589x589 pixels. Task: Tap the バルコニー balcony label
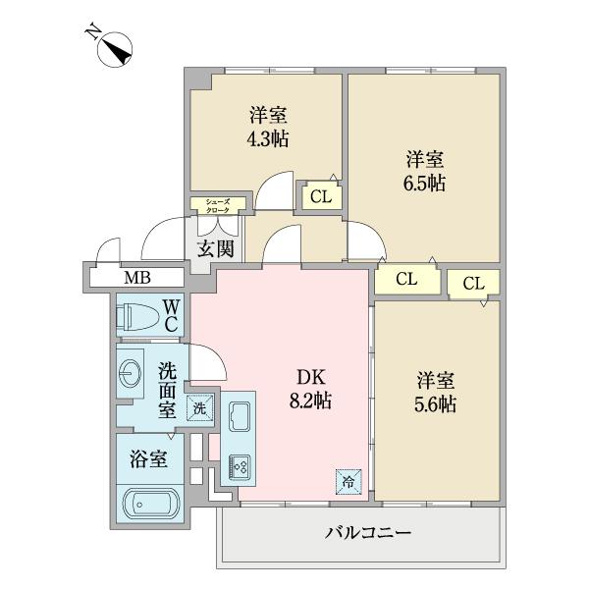368,534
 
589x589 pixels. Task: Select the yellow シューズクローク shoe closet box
217,205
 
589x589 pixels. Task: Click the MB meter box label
137,277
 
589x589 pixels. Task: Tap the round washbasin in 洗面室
131,373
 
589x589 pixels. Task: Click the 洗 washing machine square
199,407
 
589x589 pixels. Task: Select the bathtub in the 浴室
150,506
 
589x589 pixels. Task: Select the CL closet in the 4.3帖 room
319,196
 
